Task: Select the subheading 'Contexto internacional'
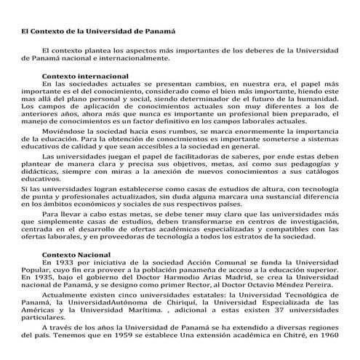85,76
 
